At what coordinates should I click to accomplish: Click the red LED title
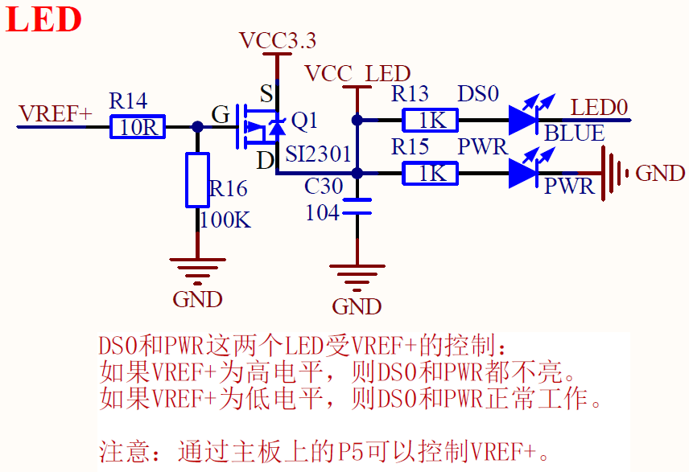pyautogui.click(x=44, y=19)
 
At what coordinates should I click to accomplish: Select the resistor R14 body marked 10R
pyautogui.click(x=137, y=126)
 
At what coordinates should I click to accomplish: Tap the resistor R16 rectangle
pyautogui.click(x=198, y=179)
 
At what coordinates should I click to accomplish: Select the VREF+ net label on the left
pyautogui.click(x=56, y=114)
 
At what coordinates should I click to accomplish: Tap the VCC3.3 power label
pyautogui.click(x=278, y=39)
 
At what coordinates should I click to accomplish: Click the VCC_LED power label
pyautogui.click(x=357, y=73)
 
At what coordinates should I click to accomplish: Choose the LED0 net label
pyautogui.click(x=599, y=107)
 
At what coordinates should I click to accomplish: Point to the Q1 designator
pyautogui.click(x=304, y=121)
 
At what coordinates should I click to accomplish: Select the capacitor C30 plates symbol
pyautogui.click(x=357, y=206)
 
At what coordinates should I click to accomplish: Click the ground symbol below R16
pyautogui.click(x=197, y=268)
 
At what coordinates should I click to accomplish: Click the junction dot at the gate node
pyautogui.click(x=198, y=126)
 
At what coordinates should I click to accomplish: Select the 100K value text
pyautogui.click(x=226, y=219)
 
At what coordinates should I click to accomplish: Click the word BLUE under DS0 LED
pyautogui.click(x=574, y=133)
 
